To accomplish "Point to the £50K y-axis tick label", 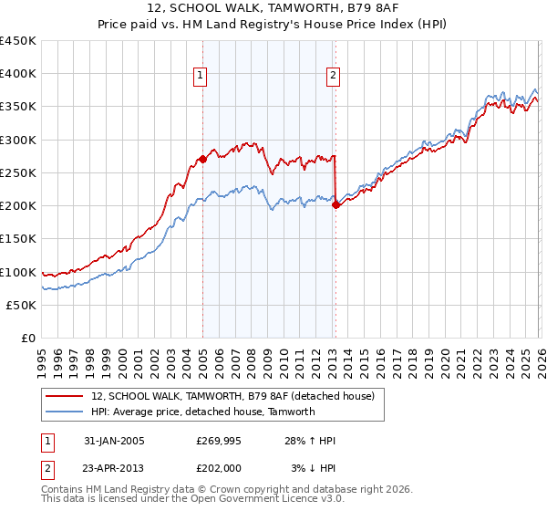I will coord(20,305).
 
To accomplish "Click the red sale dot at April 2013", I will coord(335,204).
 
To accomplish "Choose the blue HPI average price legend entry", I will coord(202,412).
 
